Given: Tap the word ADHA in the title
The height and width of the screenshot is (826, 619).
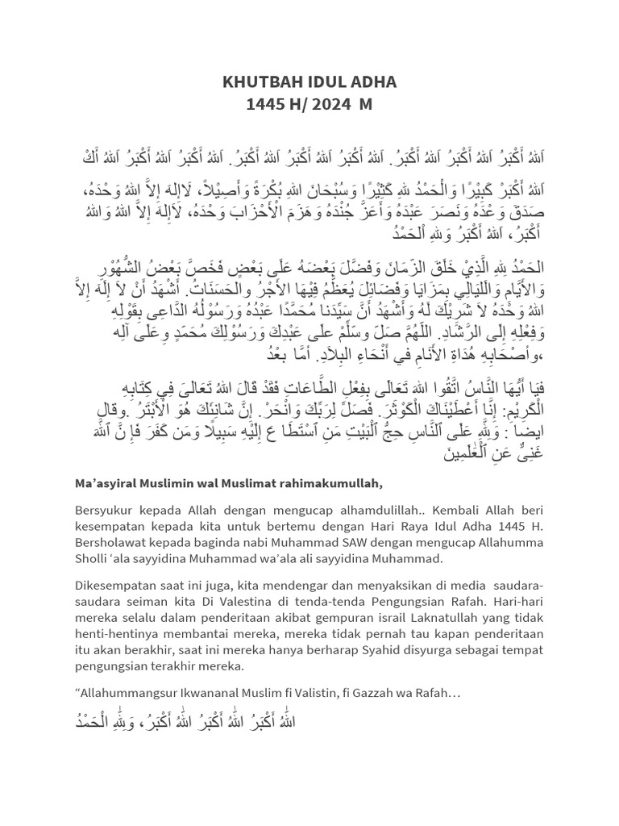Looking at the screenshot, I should tap(376, 81).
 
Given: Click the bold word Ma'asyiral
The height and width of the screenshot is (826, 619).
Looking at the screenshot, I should tap(107, 483).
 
